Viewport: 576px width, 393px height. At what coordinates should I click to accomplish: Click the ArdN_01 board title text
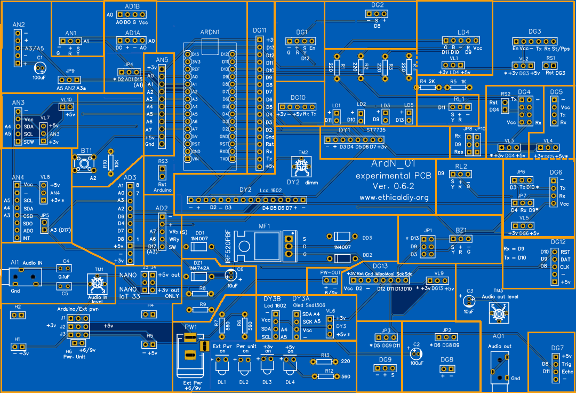(x=393, y=164)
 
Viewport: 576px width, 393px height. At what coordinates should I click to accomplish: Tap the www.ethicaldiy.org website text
(x=394, y=197)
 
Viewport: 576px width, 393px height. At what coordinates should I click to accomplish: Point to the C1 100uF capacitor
(x=39, y=68)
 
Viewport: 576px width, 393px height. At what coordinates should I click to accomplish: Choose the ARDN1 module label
(x=210, y=33)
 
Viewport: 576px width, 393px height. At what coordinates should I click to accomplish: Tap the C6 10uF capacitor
(x=231, y=276)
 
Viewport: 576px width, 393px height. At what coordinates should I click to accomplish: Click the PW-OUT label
(x=330, y=272)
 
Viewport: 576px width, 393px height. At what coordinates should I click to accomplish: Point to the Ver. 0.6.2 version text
(x=394, y=186)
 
